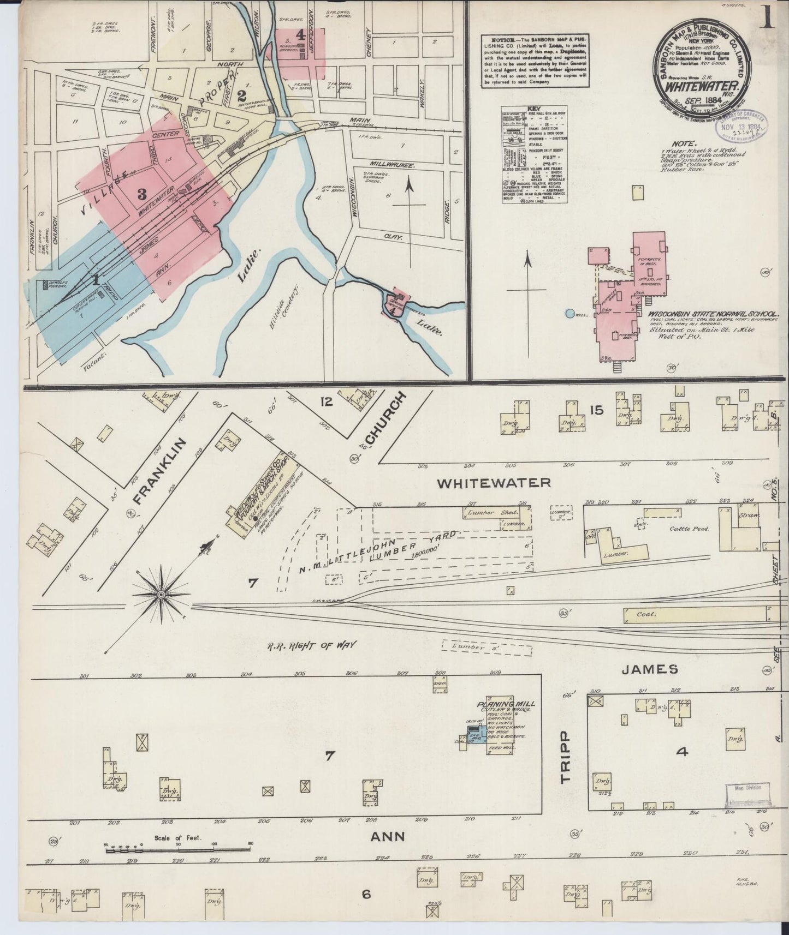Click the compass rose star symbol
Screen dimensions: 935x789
click(x=162, y=594)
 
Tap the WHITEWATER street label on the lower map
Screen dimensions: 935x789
click(x=494, y=483)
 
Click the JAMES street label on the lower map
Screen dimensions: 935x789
click(x=649, y=669)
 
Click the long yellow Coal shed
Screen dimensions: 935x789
click(x=699, y=614)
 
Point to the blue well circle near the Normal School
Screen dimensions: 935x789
click(x=570, y=314)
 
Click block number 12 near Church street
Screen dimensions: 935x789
click(x=326, y=402)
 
